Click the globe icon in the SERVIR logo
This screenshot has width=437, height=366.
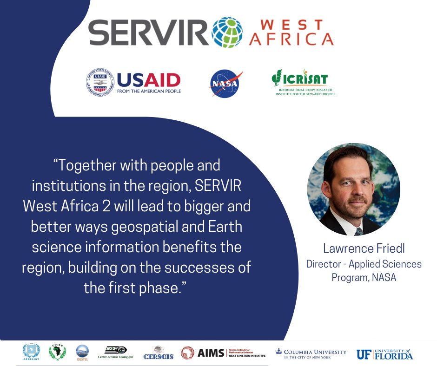(x=227, y=33)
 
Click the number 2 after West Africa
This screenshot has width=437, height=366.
(x=113, y=206)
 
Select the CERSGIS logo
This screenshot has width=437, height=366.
(x=159, y=353)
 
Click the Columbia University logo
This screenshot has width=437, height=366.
(x=311, y=353)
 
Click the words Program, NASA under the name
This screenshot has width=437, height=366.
(x=364, y=278)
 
